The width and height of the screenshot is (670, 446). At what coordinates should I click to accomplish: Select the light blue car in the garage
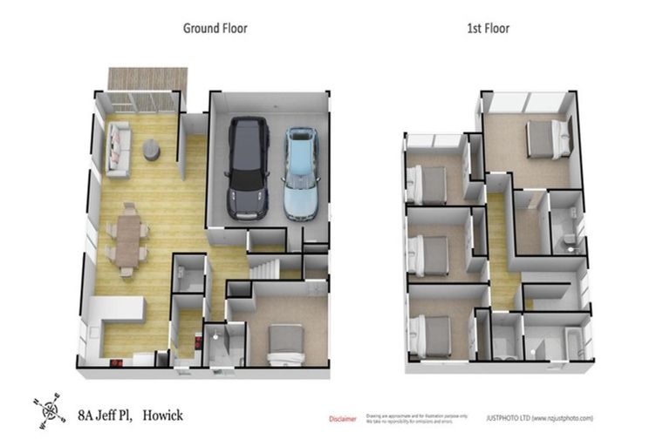(x=299, y=173)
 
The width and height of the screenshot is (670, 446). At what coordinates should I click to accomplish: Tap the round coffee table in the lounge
(x=151, y=152)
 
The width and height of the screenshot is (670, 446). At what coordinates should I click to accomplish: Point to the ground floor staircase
(x=267, y=264)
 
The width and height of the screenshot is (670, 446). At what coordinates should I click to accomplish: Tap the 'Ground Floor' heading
(x=215, y=28)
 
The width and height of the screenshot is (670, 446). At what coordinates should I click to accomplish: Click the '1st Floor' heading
(x=489, y=28)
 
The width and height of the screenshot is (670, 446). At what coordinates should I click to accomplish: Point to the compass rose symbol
(x=51, y=409)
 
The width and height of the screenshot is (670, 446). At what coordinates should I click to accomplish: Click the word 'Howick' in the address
(x=165, y=416)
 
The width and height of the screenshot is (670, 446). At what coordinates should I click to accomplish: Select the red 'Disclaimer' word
(x=342, y=419)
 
